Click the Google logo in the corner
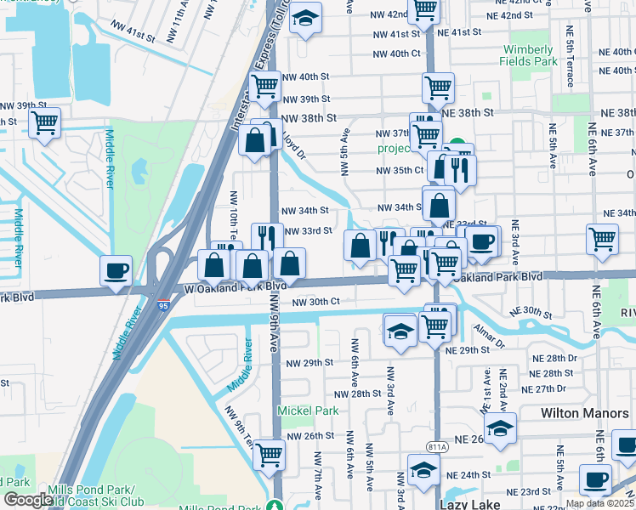[x=28, y=500]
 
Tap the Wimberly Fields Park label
[x=529, y=55]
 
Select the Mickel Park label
[x=308, y=411]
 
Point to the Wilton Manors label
[x=583, y=412]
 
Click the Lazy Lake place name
[x=485, y=503]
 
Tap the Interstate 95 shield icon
[x=162, y=303]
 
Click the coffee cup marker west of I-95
[x=116, y=270]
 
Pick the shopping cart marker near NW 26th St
[x=269, y=454]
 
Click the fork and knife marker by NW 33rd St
[x=268, y=237]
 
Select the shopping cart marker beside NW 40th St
[x=265, y=85]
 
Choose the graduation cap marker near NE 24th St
[x=423, y=468]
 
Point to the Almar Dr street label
[x=490, y=338]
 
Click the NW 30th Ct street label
[x=315, y=302]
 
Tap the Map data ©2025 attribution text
[x=600, y=503]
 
